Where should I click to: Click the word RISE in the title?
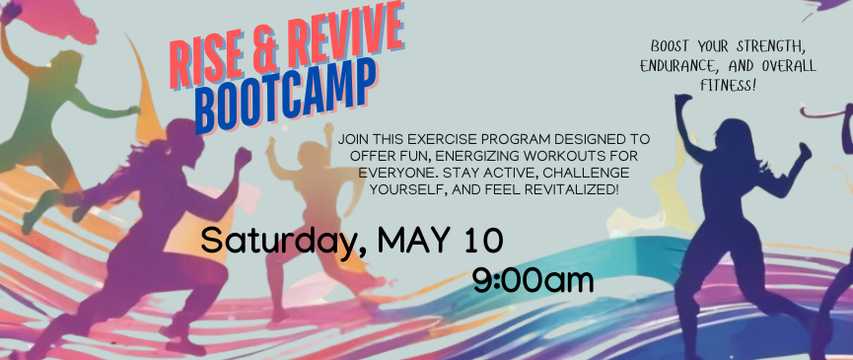pos(203,62)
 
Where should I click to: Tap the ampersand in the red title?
pos(263,48)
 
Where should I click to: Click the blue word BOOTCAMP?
pos(285,94)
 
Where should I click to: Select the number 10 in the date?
pos(483,241)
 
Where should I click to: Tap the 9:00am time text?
pos(533,281)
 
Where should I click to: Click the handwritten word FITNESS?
pos(729,86)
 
